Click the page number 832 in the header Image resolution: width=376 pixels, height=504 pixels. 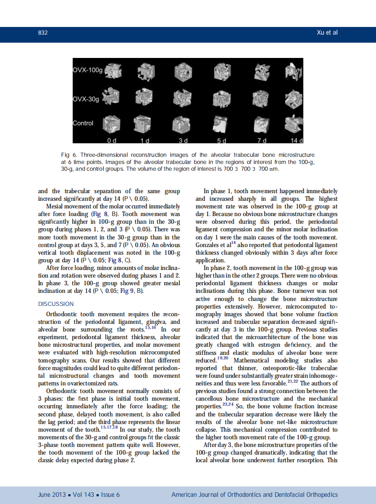(x=43, y=33)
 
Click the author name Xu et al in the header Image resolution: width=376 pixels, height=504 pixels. (x=327, y=33)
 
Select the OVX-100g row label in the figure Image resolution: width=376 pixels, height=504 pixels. (x=87, y=71)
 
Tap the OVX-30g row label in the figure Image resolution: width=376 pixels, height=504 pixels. (x=86, y=99)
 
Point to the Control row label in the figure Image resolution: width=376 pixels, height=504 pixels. (x=83, y=123)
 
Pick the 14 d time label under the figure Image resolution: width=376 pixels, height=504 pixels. (x=296, y=140)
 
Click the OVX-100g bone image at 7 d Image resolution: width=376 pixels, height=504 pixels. (x=261, y=70)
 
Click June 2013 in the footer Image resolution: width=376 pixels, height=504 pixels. (x=51, y=495)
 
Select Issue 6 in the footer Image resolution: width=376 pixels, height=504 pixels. (x=110, y=495)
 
